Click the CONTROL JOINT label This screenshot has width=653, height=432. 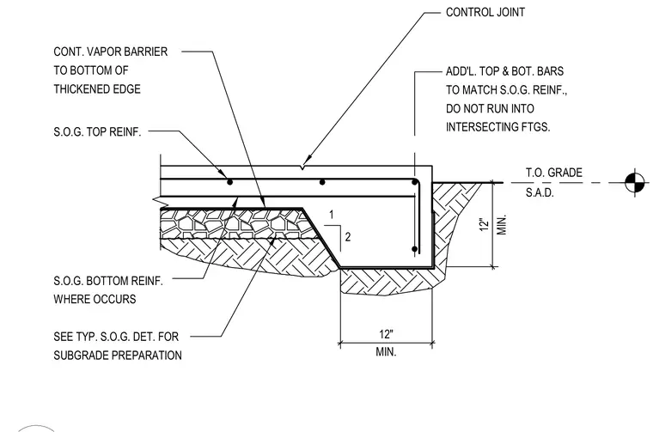click(x=485, y=13)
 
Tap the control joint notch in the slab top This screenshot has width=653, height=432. click(x=302, y=167)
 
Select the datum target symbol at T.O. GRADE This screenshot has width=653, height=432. click(x=635, y=182)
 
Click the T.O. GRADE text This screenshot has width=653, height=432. click(x=554, y=173)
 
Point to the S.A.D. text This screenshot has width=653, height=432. click(x=540, y=192)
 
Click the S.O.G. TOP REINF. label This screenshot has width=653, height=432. click(x=97, y=132)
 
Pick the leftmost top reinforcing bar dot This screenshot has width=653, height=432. click(x=229, y=182)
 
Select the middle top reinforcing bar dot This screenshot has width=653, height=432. click(x=322, y=182)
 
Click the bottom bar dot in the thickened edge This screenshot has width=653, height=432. click(x=414, y=249)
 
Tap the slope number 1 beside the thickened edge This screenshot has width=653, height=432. click(x=332, y=215)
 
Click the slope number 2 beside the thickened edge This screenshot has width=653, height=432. click(x=348, y=237)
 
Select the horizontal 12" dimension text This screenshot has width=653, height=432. click(x=386, y=334)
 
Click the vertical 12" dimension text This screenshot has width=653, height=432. click(x=484, y=224)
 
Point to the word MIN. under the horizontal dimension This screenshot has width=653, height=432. click(x=386, y=351)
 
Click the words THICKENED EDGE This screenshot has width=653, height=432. click(x=97, y=89)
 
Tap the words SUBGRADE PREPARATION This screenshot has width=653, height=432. click(x=118, y=356)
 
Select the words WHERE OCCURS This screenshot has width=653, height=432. click(x=95, y=299)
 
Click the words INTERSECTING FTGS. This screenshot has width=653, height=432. click(x=498, y=127)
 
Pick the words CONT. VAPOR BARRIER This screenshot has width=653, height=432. click(x=110, y=52)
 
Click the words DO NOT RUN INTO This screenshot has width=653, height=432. click(x=490, y=108)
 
